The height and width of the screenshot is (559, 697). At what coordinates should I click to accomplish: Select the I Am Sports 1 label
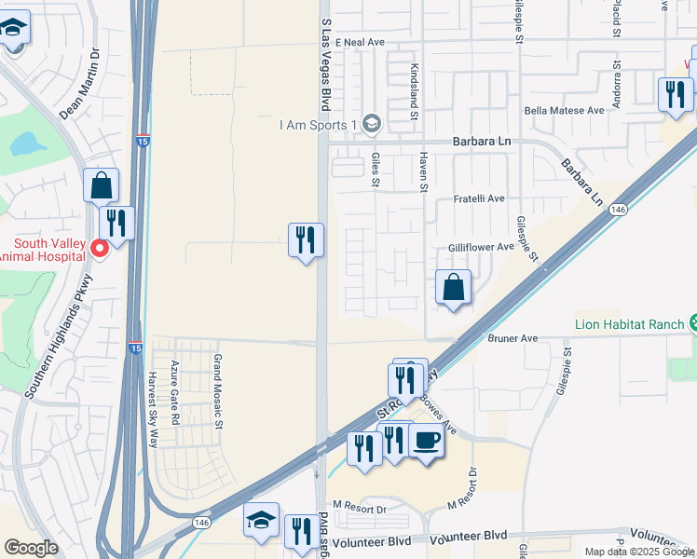click(320, 126)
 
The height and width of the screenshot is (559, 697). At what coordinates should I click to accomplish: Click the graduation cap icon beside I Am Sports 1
click(371, 124)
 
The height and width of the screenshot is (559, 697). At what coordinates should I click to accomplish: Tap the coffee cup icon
click(427, 441)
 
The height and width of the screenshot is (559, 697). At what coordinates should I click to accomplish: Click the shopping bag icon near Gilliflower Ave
click(453, 288)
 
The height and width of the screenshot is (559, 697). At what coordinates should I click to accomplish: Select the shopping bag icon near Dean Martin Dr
click(101, 186)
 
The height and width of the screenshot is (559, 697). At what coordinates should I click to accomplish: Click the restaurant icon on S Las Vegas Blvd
click(306, 240)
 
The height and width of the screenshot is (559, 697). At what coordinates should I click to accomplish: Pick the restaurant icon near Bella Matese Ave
click(674, 94)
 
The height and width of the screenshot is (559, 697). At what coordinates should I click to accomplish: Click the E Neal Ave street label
click(361, 43)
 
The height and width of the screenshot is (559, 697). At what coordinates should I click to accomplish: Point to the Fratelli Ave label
click(478, 198)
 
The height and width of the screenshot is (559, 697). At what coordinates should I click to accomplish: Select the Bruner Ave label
click(513, 338)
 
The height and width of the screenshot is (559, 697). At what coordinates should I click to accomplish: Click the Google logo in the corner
click(31, 548)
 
